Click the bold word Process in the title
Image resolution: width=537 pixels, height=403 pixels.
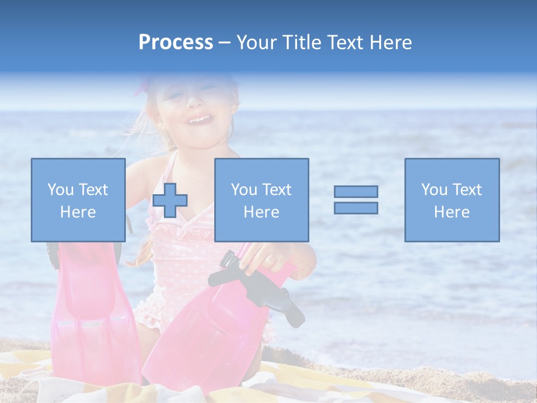tap(176, 43)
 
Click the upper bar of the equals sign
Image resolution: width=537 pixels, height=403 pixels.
tap(356, 191)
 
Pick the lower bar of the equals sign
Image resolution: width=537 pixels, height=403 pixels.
tap(356, 208)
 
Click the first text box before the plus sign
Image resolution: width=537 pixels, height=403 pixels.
tap(78, 200)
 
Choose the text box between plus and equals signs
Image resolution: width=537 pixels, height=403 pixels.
tap(261, 200)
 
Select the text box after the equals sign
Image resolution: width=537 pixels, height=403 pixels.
tap(451, 200)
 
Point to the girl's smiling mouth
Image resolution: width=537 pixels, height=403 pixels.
tap(200, 120)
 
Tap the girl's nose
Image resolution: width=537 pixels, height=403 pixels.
tap(194, 102)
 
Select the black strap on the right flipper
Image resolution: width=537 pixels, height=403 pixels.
tap(257, 285)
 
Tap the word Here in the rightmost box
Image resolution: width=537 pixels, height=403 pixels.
tap(451, 212)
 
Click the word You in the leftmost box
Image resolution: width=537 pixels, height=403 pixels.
tap(60, 190)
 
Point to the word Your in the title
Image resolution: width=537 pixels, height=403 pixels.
tap(257, 43)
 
